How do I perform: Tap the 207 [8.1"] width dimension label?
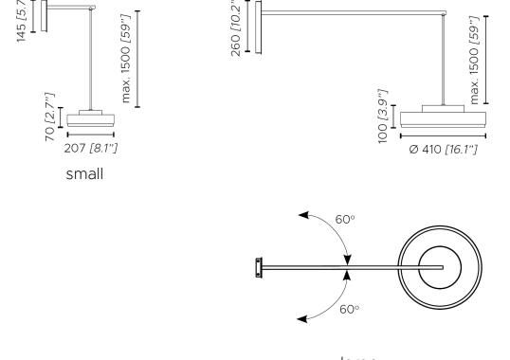click(x=92, y=148)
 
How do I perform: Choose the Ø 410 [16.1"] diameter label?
click(x=438, y=153)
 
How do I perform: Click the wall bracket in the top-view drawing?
click(x=258, y=268)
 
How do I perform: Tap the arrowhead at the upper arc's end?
click(x=301, y=215)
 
